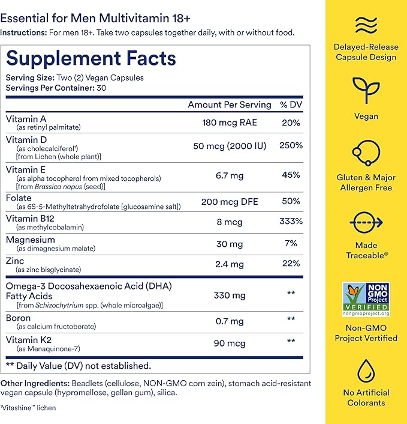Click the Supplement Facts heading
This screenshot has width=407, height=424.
[91, 58]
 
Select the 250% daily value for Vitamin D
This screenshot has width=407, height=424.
[291, 145]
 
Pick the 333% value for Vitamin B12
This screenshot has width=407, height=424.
[291, 221]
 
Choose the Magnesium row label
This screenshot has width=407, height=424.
[31, 240]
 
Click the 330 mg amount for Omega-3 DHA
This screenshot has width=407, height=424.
[230, 295]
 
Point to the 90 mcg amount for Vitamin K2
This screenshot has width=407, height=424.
[230, 343]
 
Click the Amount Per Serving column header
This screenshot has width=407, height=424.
[230, 104]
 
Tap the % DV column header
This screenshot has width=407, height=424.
[291, 104]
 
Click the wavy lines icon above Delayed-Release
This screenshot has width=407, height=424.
[366, 26]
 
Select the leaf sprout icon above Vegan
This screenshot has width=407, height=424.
[366, 89]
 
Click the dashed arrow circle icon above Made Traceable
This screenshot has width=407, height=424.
[366, 222]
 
